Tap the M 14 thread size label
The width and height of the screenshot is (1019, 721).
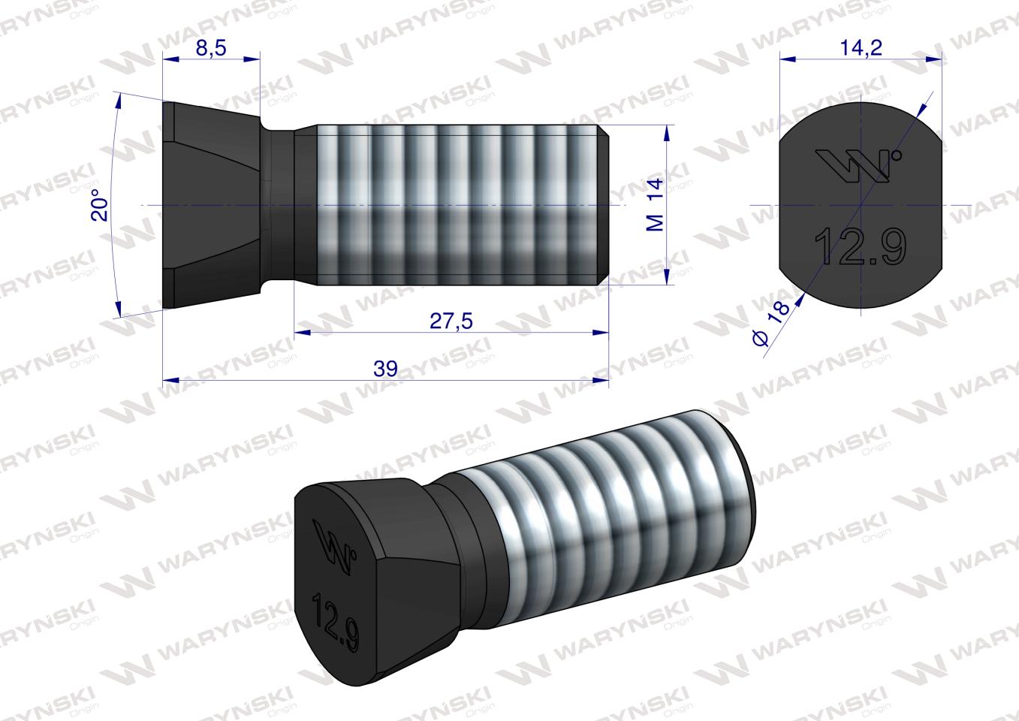tap(655, 205)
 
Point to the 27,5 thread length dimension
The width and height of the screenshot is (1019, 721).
tap(451, 321)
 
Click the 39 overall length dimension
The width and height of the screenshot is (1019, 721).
tap(384, 369)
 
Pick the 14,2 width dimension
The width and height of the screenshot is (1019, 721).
tap(861, 47)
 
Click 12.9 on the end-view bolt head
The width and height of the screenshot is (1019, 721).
tap(860, 246)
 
